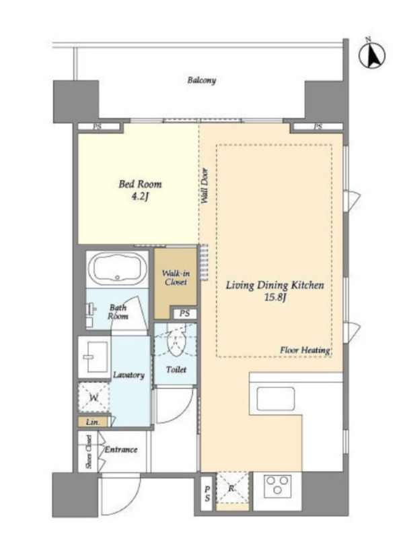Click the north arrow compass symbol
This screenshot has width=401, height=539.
(x=372, y=55)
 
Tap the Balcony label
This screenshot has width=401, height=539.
(x=202, y=80)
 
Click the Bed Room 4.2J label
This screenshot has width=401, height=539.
(x=140, y=190)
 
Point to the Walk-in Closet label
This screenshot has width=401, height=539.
(x=176, y=278)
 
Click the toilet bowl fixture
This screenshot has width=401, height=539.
(x=176, y=342)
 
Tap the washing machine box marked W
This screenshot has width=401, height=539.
(x=94, y=398)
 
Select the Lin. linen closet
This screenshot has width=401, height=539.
(x=93, y=422)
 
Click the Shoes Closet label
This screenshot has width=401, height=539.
(x=89, y=451)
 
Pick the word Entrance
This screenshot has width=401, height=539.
(x=121, y=449)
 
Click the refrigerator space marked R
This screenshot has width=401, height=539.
(x=232, y=487)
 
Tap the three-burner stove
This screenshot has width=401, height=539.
(x=277, y=486)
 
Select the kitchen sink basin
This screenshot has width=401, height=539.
(x=276, y=399)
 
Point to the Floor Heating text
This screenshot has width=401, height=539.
(x=305, y=350)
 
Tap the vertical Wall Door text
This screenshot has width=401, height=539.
(x=205, y=186)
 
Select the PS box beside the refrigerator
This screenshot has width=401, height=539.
(x=207, y=494)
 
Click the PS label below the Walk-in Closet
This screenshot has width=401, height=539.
(x=185, y=313)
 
